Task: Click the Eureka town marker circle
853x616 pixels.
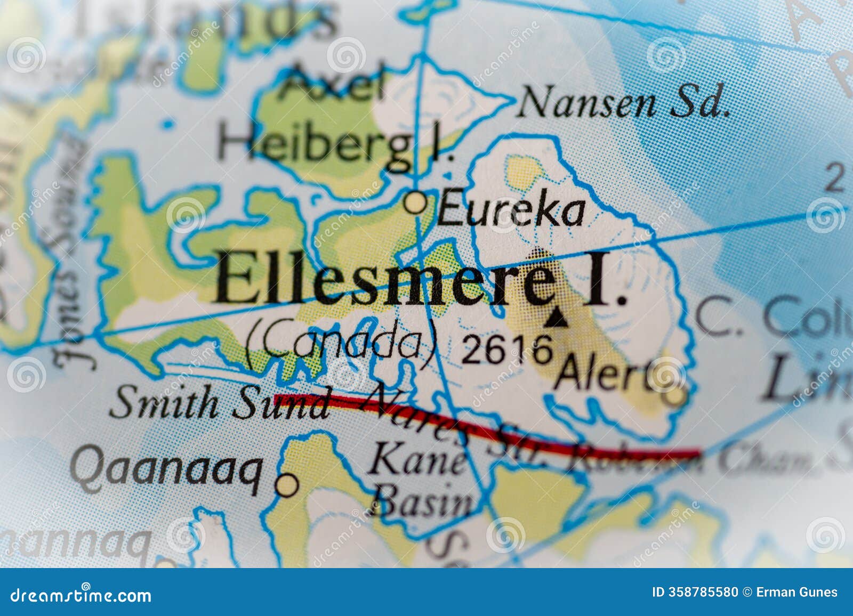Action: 416,203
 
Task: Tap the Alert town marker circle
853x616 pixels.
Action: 675,396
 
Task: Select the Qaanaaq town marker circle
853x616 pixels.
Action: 287,485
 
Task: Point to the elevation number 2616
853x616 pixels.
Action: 506,350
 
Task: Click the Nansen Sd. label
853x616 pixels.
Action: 624,102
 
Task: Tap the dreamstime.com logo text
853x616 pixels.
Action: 81,595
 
